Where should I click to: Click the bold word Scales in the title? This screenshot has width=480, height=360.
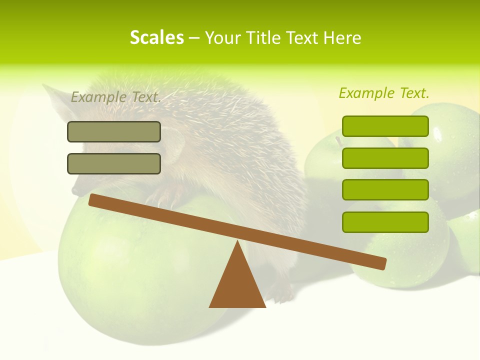click(x=156, y=37)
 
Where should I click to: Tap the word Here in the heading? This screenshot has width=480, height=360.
click(x=342, y=38)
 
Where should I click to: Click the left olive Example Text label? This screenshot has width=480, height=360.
click(x=116, y=97)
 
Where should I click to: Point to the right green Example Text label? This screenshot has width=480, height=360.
click(x=384, y=93)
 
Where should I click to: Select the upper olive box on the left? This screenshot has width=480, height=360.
click(x=114, y=131)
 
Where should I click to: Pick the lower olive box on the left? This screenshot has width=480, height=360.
click(x=114, y=163)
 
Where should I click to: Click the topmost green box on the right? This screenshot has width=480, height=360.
click(x=385, y=126)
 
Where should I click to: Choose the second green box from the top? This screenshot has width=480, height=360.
click(x=385, y=158)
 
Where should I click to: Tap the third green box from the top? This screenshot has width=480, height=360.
click(x=385, y=190)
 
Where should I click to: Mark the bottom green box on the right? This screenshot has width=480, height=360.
click(x=385, y=222)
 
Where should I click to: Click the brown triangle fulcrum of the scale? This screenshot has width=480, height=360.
click(x=237, y=285)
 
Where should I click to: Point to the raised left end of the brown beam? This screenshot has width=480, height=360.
click(x=95, y=200)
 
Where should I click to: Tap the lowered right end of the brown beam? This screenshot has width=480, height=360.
click(x=380, y=263)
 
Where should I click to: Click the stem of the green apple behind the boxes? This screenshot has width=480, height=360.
click(x=338, y=140)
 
